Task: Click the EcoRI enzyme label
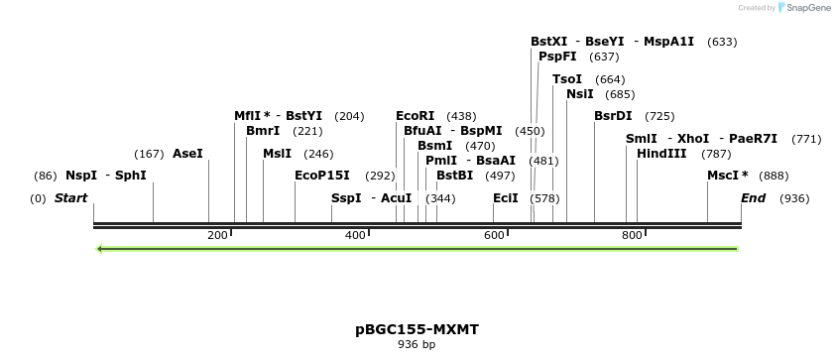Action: point(415,116)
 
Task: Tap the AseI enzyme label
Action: point(187,154)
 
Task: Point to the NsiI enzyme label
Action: point(579,94)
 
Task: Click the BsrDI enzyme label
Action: point(613,116)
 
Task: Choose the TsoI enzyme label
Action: point(567,79)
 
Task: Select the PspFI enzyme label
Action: point(557,57)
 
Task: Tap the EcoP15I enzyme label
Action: point(322,176)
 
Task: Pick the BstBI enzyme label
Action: point(455,176)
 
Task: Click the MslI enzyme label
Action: point(277,154)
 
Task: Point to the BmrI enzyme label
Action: point(263,131)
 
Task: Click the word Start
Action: point(70,198)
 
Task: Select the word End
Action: point(754,198)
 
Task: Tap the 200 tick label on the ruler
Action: point(217,235)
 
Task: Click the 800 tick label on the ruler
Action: point(632,235)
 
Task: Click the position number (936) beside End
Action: point(794,198)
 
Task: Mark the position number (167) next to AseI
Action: point(149,154)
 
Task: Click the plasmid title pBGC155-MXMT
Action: point(417,328)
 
